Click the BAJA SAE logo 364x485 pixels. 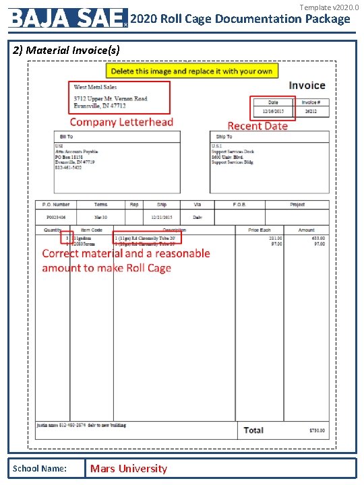click(x=68, y=18)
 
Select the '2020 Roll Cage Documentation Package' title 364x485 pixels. click(x=240, y=19)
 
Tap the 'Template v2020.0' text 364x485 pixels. click(x=329, y=7)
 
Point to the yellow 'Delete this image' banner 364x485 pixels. click(x=191, y=71)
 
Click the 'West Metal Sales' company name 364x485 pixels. click(x=95, y=87)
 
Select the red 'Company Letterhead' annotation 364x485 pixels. click(x=121, y=122)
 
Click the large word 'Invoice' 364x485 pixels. click(x=307, y=86)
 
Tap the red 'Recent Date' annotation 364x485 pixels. click(x=257, y=126)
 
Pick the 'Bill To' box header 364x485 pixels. click(x=66, y=137)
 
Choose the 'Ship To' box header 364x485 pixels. click(x=224, y=137)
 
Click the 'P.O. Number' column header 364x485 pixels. click(x=56, y=204)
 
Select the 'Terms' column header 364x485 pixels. click(x=100, y=204)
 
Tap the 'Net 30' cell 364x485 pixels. click(x=100, y=218)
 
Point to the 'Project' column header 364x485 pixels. click(x=297, y=204)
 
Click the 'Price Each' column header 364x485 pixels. click(x=259, y=230)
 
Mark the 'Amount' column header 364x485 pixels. click(x=306, y=230)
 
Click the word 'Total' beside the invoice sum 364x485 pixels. click(x=253, y=430)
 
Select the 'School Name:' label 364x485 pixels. click(x=40, y=469)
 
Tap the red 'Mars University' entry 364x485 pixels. click(x=128, y=469)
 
